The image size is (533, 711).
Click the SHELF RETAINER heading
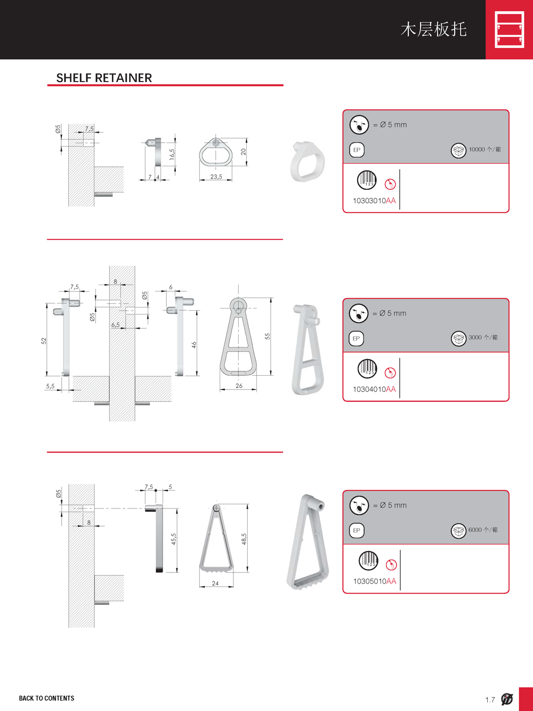pyautogui.click(x=104, y=78)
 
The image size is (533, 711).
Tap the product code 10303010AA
pyautogui.click(x=374, y=201)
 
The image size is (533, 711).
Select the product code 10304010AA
pyautogui.click(x=374, y=389)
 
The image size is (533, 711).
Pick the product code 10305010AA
pyautogui.click(x=375, y=581)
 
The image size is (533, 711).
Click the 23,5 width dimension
pyautogui.click(x=216, y=176)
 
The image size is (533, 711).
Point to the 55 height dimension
pyautogui.click(x=267, y=336)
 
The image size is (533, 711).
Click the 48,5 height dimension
pyautogui.click(x=244, y=539)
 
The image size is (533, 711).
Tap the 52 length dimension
pyautogui.click(x=44, y=341)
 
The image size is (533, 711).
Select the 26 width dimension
pyautogui.click(x=239, y=386)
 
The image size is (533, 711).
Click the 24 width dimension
pyautogui.click(x=215, y=584)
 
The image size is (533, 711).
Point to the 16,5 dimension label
pyautogui.click(x=172, y=154)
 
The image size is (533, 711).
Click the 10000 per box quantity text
pyautogui.click(x=484, y=149)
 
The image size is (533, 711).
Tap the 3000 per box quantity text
pyautogui.click(x=483, y=337)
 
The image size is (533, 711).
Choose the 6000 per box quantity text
pyautogui.click(x=483, y=530)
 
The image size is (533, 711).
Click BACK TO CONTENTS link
pyautogui.click(x=46, y=698)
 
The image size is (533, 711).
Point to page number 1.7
pyautogui.click(x=490, y=700)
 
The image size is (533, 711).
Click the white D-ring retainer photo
pyautogui.click(x=307, y=161)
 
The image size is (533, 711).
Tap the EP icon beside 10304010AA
pyautogui.click(x=356, y=338)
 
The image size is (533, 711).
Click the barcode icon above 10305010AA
pyautogui.click(x=368, y=561)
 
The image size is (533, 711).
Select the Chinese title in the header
pyautogui.click(x=433, y=29)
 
